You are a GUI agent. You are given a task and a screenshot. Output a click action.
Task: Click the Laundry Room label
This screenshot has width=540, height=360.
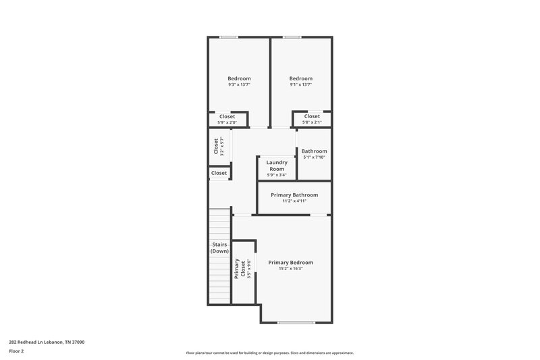[x=277, y=165]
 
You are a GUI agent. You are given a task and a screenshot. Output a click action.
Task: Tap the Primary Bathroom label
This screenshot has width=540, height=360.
[x=294, y=195]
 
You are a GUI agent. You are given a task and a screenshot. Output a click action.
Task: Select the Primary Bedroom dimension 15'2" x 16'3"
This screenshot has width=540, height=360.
[x=291, y=269]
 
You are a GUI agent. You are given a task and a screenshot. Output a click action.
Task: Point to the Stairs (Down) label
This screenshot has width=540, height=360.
[x=219, y=248]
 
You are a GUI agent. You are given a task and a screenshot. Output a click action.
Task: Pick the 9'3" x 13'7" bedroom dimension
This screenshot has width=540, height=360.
[x=239, y=85]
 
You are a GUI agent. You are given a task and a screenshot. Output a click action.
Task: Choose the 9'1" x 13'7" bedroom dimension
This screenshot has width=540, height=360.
[x=301, y=85]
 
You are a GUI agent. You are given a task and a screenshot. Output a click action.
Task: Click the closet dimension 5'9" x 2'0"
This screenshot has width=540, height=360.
[x=227, y=122]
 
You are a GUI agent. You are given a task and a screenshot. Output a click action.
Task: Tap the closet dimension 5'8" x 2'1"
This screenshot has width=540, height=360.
[x=312, y=122]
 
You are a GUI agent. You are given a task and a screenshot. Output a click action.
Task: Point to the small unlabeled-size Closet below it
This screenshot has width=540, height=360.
[x=219, y=173]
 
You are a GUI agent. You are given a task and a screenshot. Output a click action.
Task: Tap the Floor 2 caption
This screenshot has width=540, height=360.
[x=17, y=351]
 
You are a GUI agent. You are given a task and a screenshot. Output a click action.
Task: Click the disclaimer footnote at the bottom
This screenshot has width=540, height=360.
[x=270, y=353]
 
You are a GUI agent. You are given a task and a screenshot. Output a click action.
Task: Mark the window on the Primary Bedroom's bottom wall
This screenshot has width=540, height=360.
[x=296, y=323]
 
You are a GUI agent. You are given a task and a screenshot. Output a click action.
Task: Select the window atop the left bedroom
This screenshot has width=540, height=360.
[x=229, y=36]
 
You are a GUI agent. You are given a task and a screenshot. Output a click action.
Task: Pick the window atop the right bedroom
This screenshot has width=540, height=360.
[x=292, y=36]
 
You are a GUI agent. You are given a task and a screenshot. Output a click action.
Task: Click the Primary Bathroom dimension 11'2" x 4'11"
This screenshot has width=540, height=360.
[x=294, y=201]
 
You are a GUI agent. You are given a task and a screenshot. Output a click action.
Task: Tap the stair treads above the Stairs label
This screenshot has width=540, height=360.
[x=220, y=223]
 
